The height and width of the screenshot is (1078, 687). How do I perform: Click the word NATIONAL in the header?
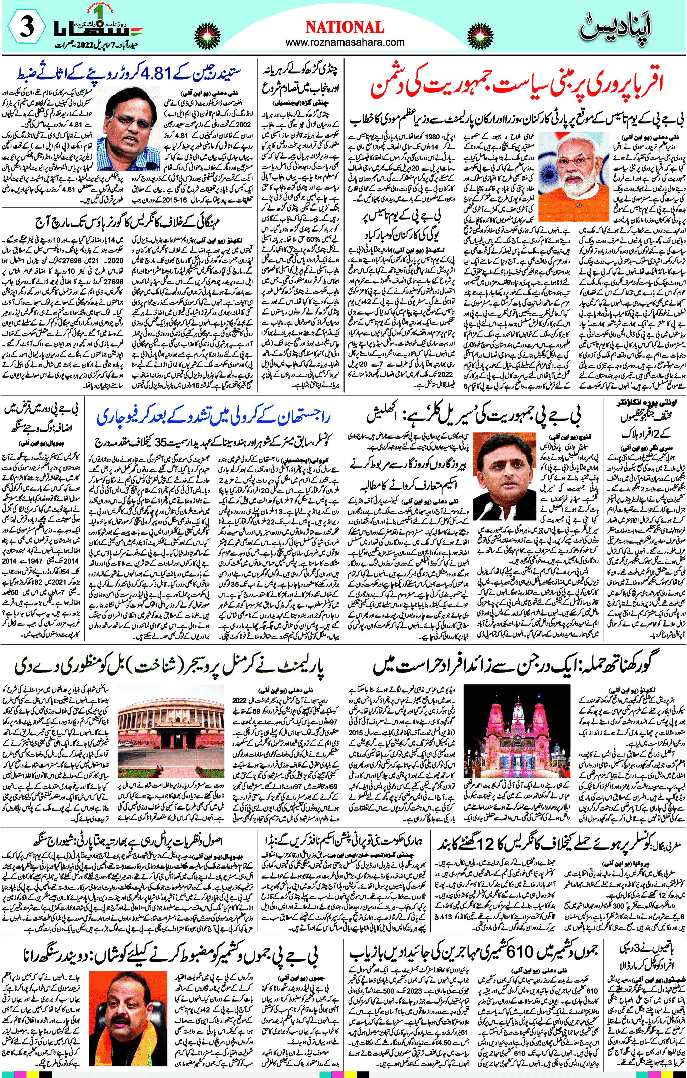click(x=345, y=27)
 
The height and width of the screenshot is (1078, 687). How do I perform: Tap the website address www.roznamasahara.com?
click(x=345, y=43)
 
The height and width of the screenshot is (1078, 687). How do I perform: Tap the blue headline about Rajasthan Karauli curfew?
click(x=213, y=418)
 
